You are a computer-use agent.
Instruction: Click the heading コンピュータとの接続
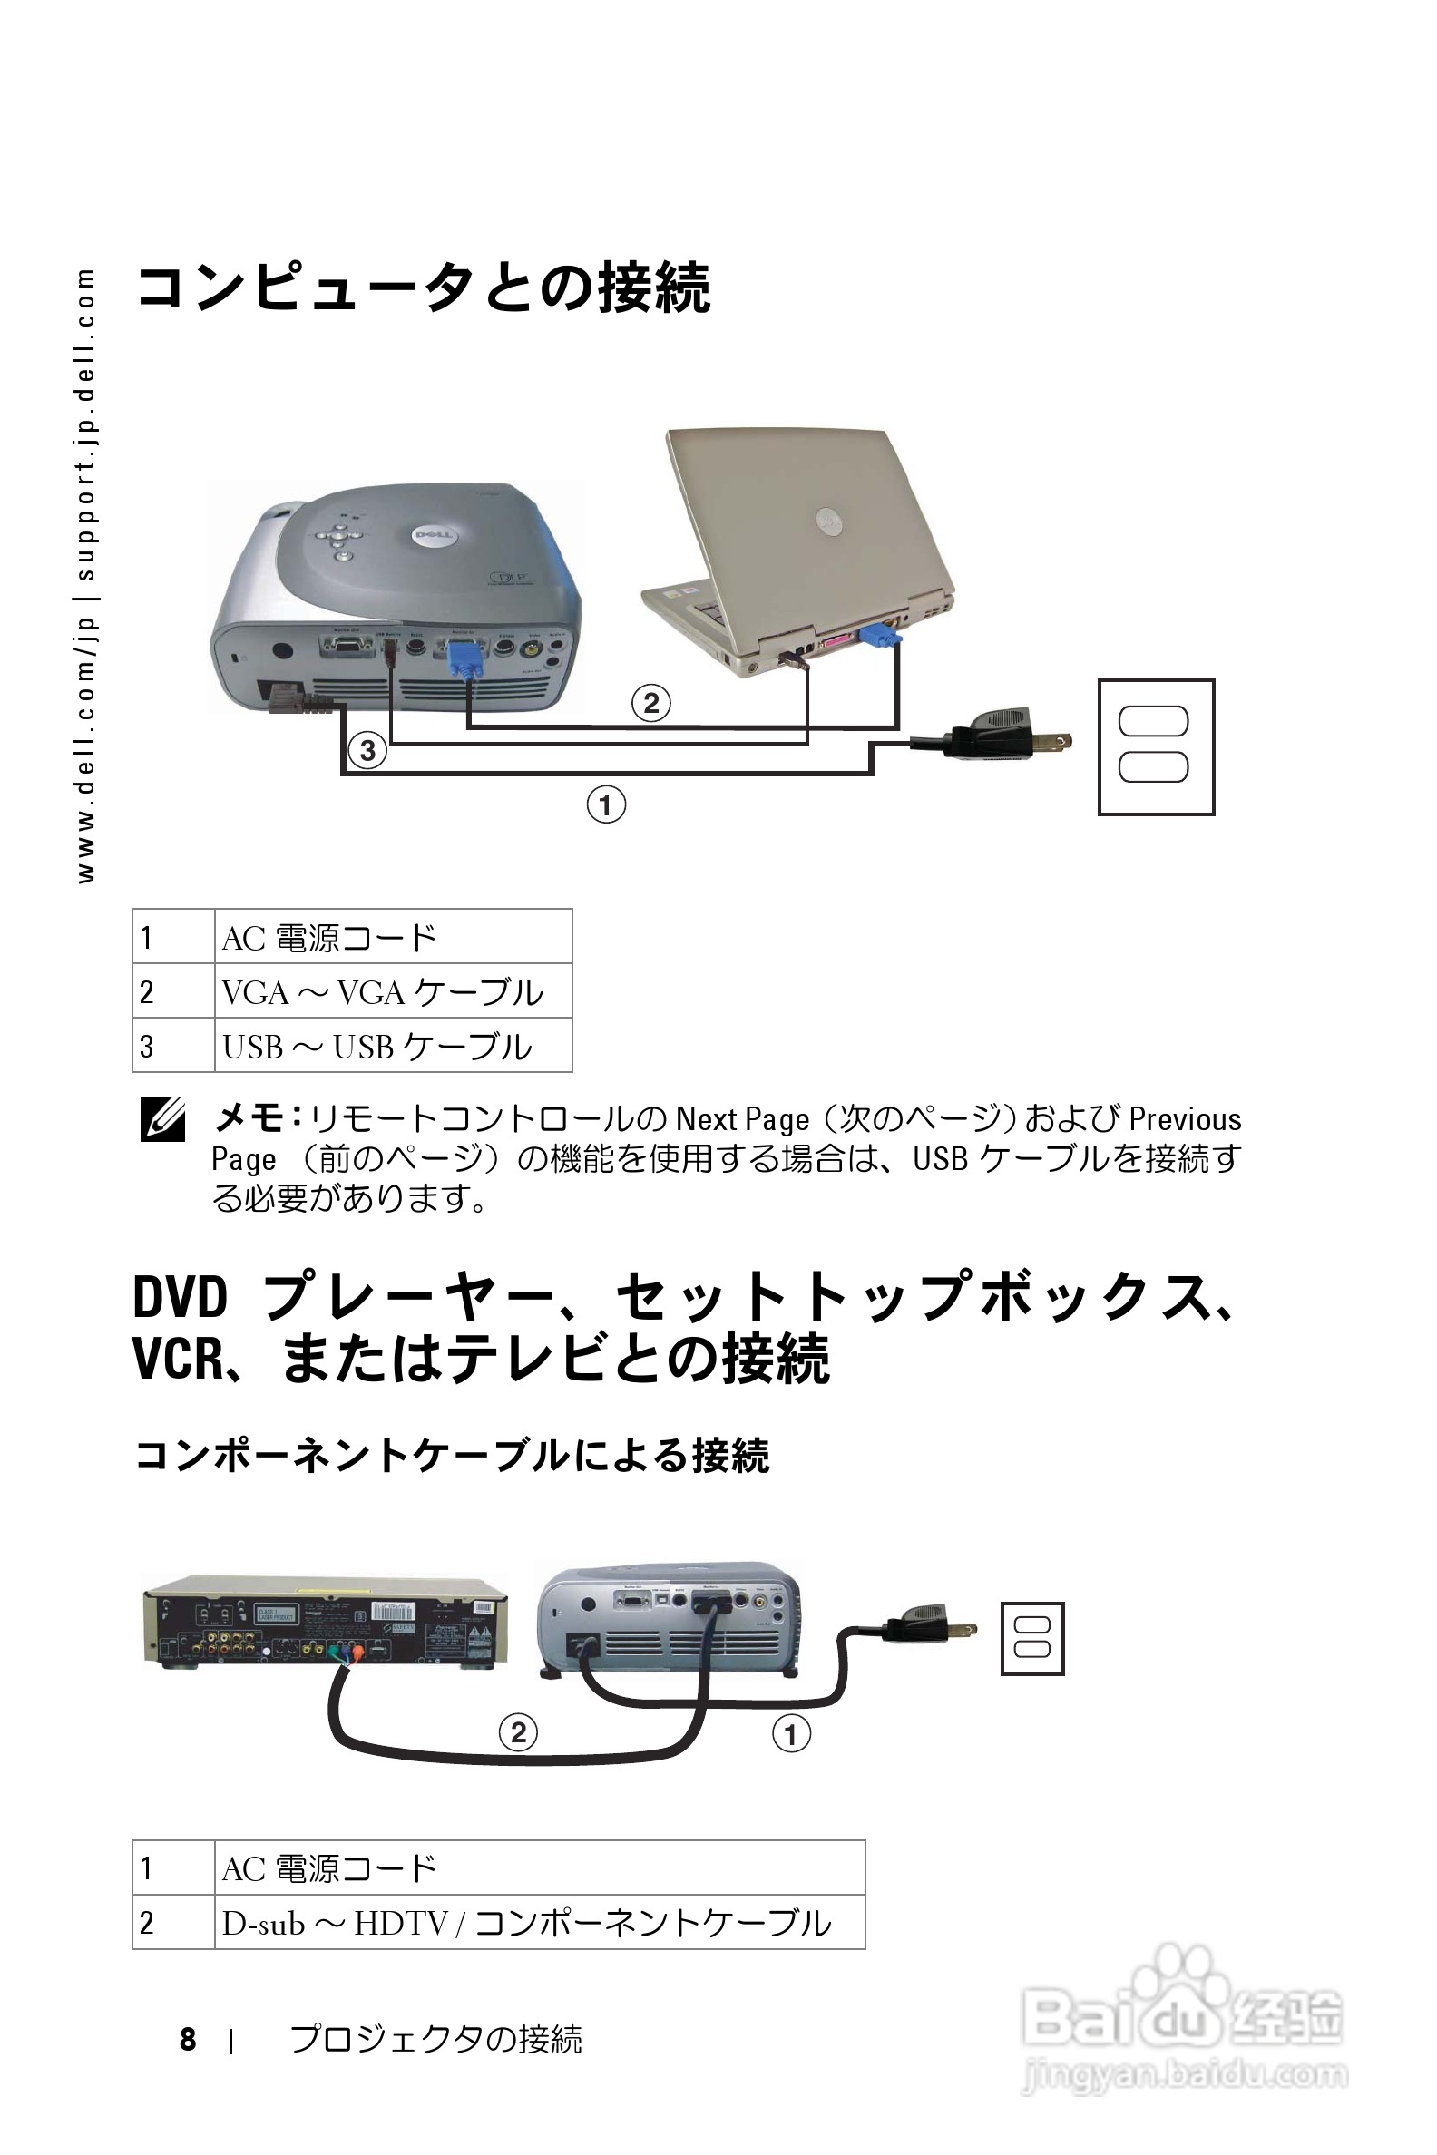[x=423, y=288]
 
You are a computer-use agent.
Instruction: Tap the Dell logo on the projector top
[x=434, y=535]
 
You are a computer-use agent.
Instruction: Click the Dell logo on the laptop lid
[x=828, y=522]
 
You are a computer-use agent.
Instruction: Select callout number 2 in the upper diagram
[x=650, y=704]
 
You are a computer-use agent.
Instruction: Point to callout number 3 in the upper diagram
[x=367, y=751]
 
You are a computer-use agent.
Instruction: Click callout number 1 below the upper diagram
[x=606, y=805]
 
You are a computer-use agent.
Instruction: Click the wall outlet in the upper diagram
[x=1156, y=746]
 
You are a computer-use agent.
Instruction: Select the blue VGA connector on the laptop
[x=880, y=633]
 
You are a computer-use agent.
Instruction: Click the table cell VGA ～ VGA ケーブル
[x=383, y=991]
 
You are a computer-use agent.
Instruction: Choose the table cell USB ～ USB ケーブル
[x=376, y=1047]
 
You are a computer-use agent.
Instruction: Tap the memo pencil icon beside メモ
[x=163, y=1118]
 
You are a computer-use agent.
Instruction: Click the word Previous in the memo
[x=1184, y=1119]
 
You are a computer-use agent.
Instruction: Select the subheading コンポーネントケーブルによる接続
[x=452, y=1455]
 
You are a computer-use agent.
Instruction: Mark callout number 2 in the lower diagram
[x=518, y=1732]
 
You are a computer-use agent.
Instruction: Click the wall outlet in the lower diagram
[x=1031, y=1638]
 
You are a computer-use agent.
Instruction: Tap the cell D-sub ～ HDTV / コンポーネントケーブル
[x=527, y=1922]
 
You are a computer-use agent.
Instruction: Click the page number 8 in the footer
[x=188, y=2040]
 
